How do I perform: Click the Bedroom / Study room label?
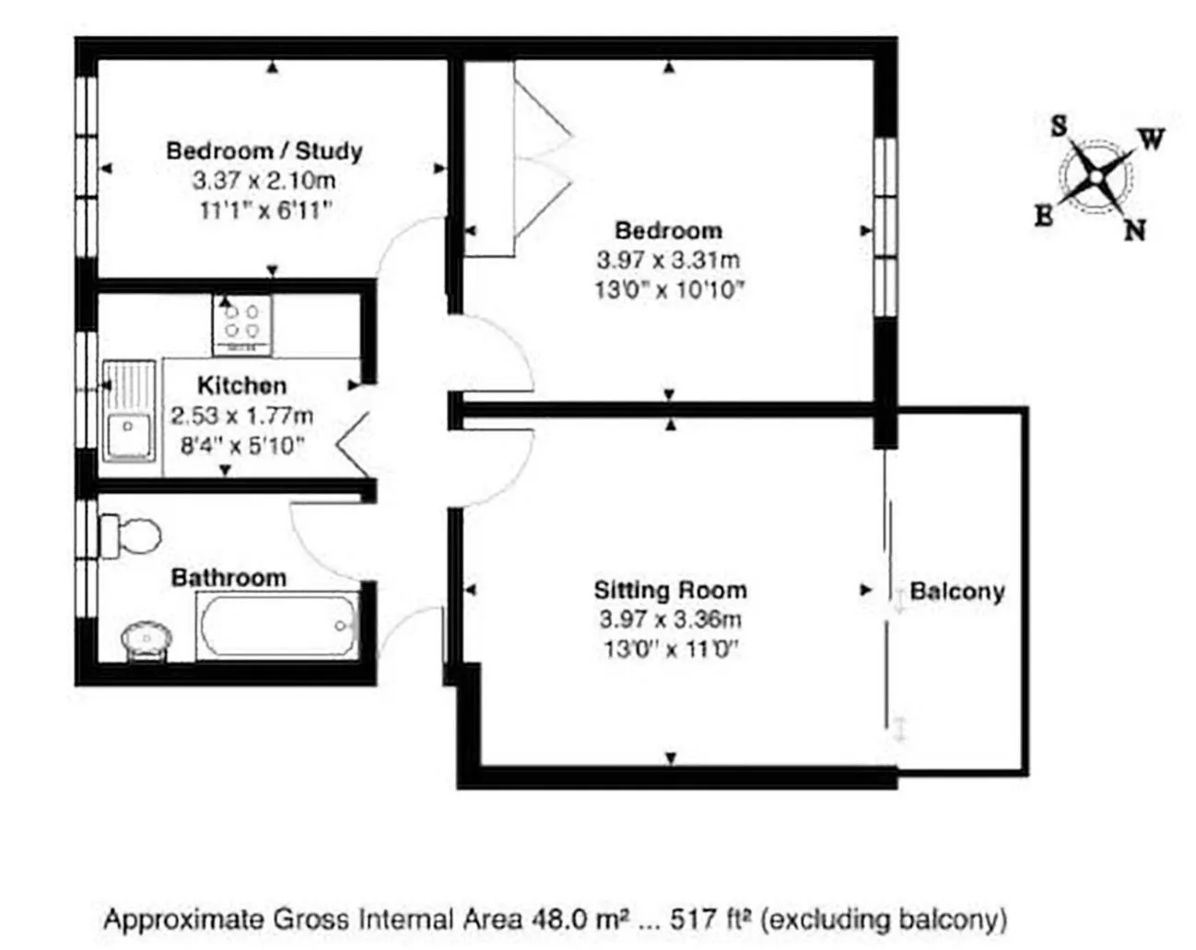point(264,150)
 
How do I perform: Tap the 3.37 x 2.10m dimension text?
point(264,181)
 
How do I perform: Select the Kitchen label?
point(241,385)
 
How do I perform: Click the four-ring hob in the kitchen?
point(242,324)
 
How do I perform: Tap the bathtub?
point(278,627)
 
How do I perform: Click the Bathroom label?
point(229,578)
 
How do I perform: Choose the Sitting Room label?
point(670,590)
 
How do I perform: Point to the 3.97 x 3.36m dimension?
point(670,619)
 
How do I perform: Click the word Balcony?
point(956,592)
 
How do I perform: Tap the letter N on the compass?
point(1134,229)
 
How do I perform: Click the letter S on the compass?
point(1060,125)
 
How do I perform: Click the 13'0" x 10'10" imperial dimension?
point(669,290)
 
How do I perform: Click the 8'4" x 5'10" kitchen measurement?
point(241,447)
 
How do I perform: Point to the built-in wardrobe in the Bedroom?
point(488,158)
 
